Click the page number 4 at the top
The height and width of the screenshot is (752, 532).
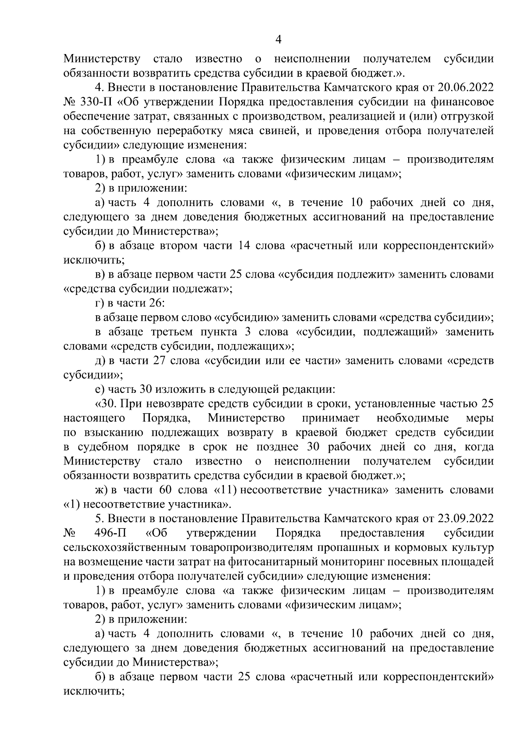tap(278, 40)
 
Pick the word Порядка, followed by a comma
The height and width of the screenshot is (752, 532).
tap(167, 419)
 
